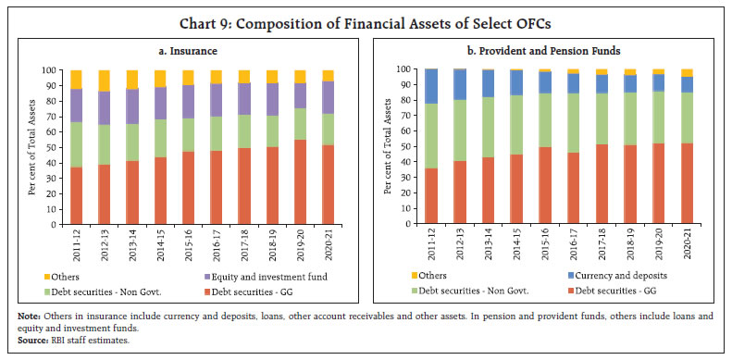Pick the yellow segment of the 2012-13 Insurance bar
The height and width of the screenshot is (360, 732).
(x=104, y=81)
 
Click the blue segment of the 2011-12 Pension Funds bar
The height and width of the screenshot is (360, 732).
(x=430, y=86)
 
